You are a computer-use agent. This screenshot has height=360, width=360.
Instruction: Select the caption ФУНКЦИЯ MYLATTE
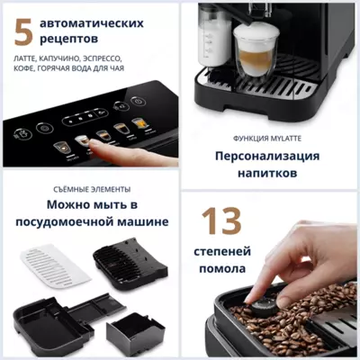coord(266,138)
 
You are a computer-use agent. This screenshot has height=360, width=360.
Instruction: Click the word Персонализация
coord(267,155)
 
